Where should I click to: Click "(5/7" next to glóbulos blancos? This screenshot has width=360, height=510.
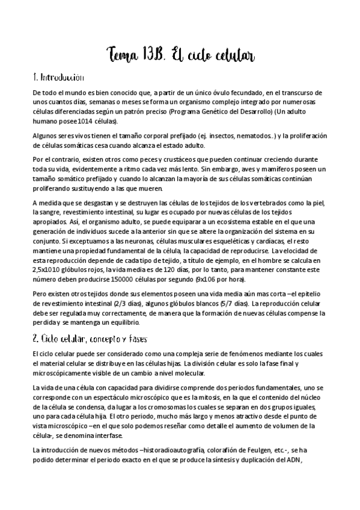[226, 304]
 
